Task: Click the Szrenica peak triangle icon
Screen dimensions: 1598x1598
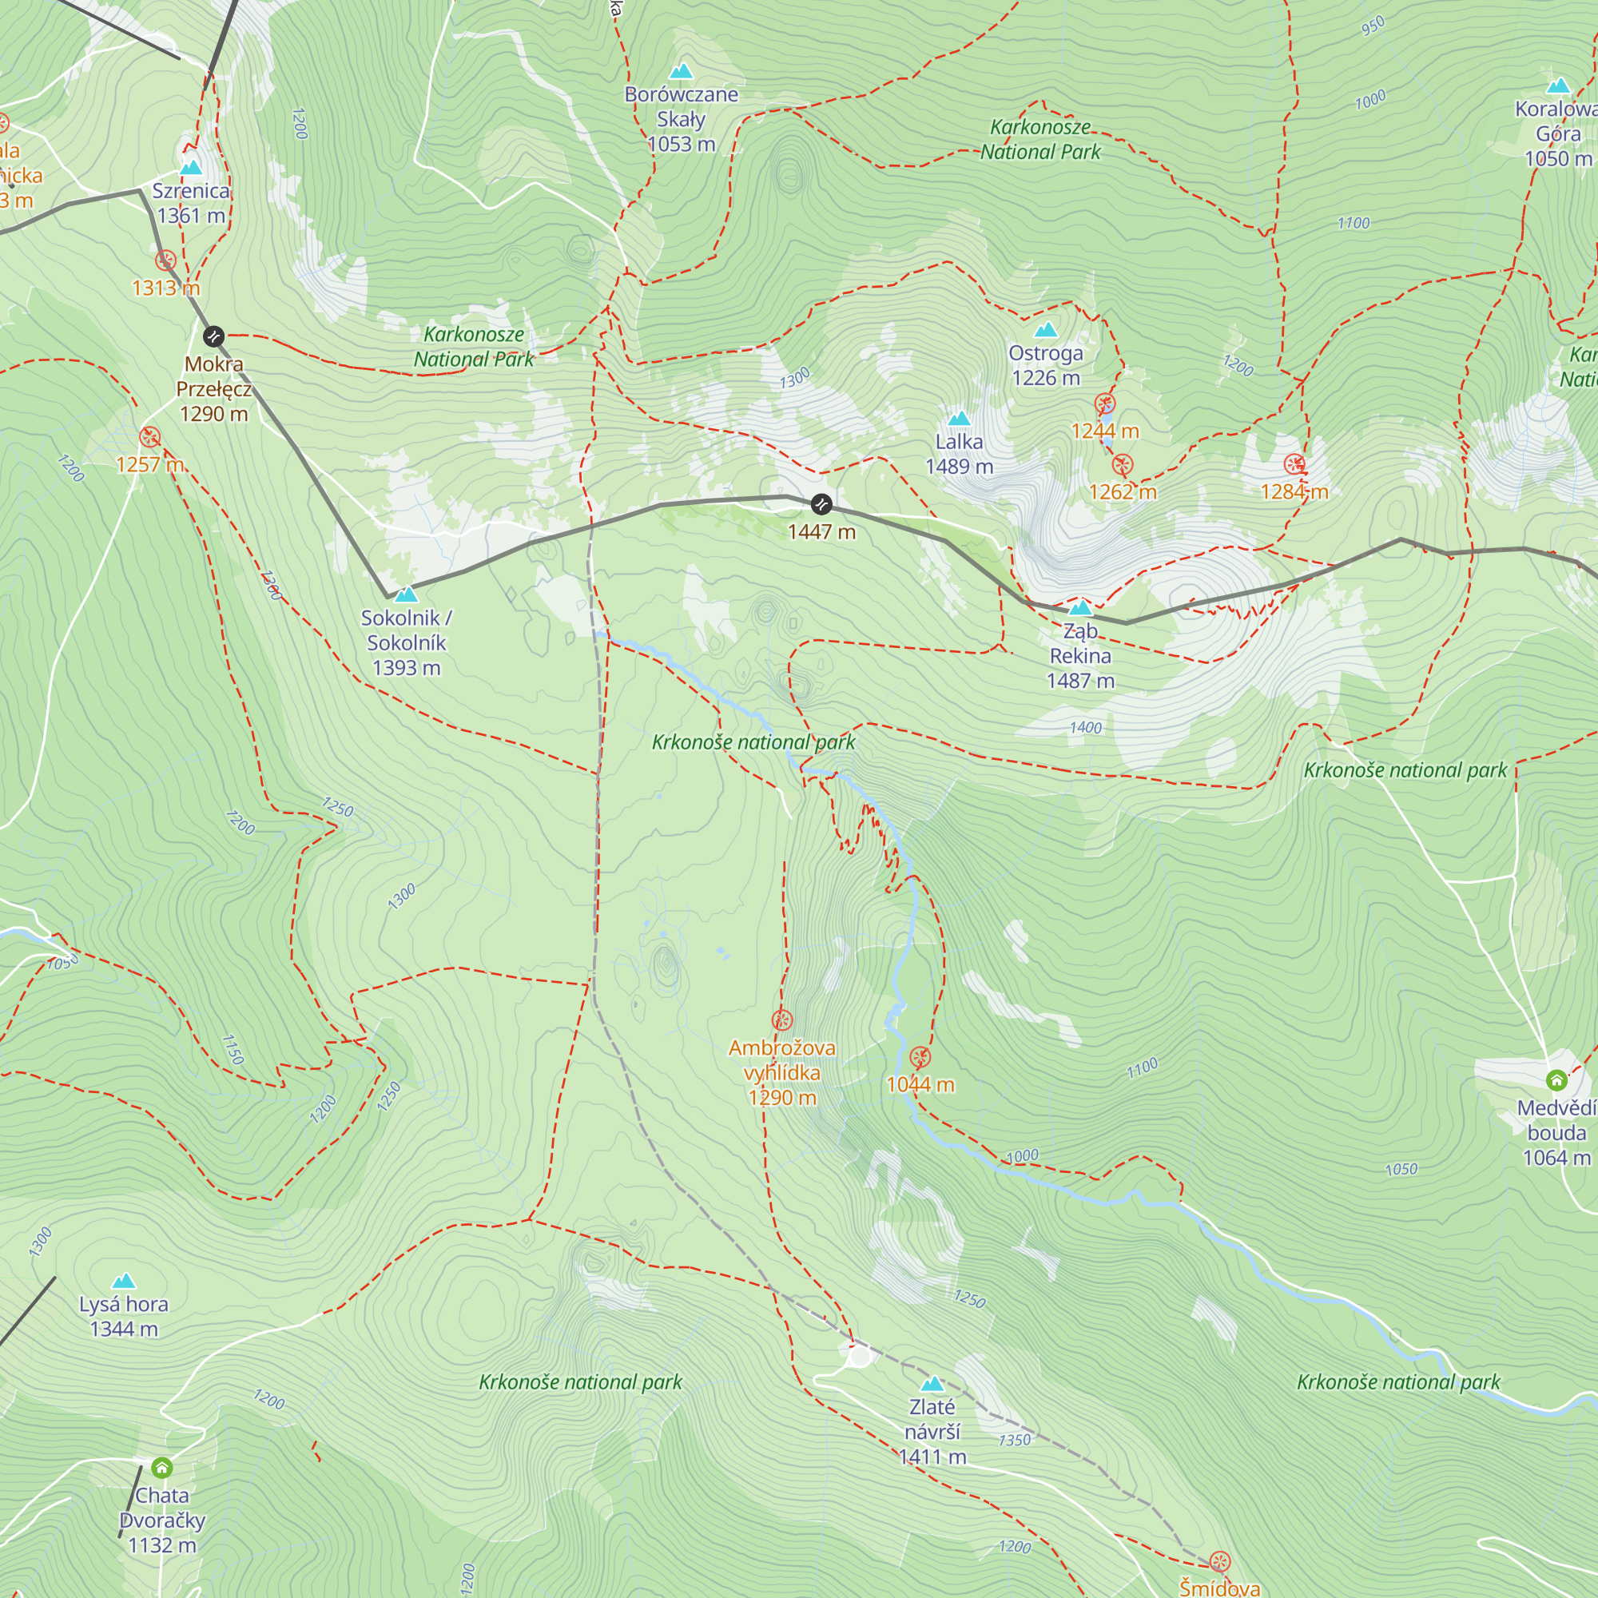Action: coord(191,168)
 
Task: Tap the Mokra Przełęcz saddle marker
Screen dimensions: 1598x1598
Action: coord(213,336)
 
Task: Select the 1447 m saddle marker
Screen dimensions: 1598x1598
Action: coord(821,503)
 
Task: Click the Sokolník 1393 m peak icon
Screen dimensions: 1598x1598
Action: coord(406,594)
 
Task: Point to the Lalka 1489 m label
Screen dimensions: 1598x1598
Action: coord(960,454)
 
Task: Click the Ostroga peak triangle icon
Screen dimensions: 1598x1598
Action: coord(1045,330)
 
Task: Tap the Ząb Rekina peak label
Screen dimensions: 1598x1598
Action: coord(1080,656)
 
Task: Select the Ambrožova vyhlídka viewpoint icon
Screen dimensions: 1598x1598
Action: coord(781,1020)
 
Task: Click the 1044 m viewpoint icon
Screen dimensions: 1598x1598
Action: coord(920,1057)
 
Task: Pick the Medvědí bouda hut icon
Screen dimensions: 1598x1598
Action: coord(1556,1080)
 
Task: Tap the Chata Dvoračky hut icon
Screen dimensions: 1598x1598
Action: coord(162,1468)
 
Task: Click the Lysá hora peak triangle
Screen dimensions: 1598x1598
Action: coord(124,1282)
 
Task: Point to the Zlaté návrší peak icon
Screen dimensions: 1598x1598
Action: coord(932,1384)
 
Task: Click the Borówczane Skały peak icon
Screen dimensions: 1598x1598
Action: coord(681,71)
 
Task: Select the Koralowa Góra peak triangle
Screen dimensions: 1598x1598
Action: coord(1558,86)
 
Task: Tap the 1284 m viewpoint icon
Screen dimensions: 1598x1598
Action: coord(1294,465)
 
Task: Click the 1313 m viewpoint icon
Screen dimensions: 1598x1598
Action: coord(166,260)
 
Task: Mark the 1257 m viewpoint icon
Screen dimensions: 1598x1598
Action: coord(149,437)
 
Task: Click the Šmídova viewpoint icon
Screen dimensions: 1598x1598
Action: coord(1220,1562)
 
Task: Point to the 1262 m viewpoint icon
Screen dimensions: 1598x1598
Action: coord(1123,465)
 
